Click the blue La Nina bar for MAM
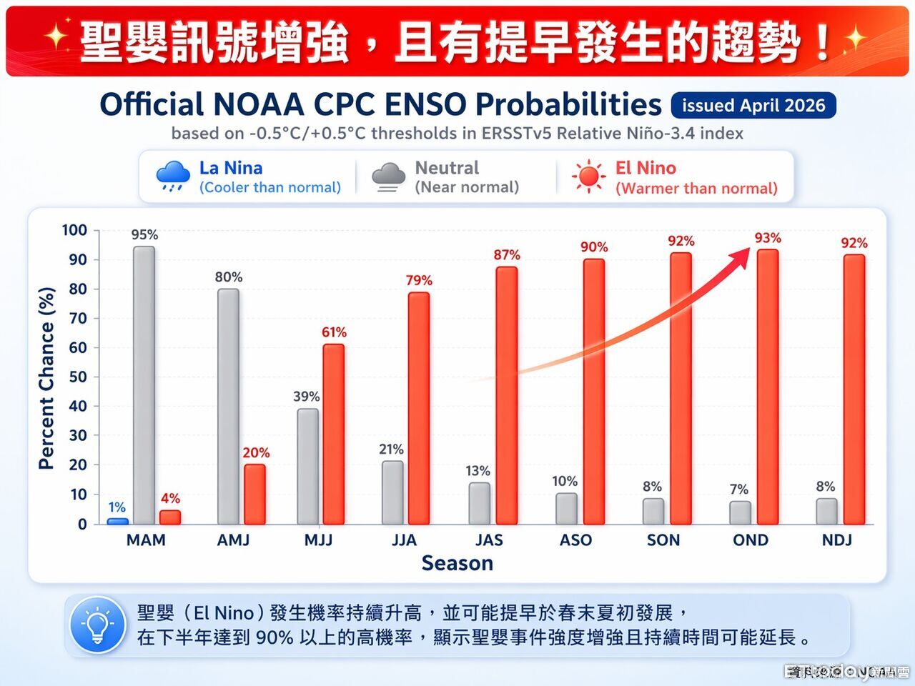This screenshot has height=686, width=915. pyautogui.click(x=118, y=521)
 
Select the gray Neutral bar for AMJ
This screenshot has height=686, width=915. pyautogui.click(x=228, y=406)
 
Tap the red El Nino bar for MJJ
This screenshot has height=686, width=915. pyautogui.click(x=333, y=434)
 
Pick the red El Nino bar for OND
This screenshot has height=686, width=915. pyautogui.click(x=768, y=387)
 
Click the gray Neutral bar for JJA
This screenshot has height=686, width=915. pyautogui.click(x=392, y=492)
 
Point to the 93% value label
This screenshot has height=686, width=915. pyautogui.click(x=768, y=238)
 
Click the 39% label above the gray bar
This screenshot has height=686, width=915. pyautogui.click(x=307, y=397)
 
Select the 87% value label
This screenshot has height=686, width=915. pyautogui.click(x=507, y=255)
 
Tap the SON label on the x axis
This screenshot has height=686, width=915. pyautogui.click(x=663, y=540)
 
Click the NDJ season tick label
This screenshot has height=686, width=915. pyautogui.click(x=836, y=540)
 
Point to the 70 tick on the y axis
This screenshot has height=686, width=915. pyautogui.click(x=77, y=319)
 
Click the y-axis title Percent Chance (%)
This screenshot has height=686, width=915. pyautogui.click(x=46, y=378)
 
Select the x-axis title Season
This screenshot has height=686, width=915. pyautogui.click(x=457, y=563)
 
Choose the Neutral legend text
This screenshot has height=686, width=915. pyautogui.click(x=447, y=168)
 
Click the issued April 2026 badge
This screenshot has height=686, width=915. pyautogui.click(x=753, y=106)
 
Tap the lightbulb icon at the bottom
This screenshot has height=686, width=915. pyautogui.click(x=98, y=625)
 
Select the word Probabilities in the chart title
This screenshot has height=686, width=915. pyautogui.click(x=568, y=105)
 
